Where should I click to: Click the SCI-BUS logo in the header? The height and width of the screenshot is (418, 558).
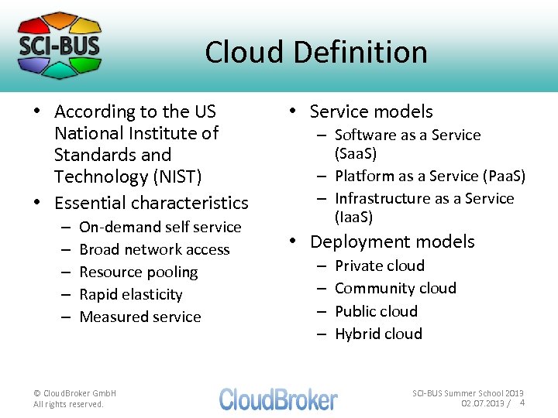pyautogui.click(x=60, y=45)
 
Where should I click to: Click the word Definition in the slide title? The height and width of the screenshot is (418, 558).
pyautogui.click(x=363, y=53)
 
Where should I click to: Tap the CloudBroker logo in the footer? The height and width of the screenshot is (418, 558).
pyautogui.click(x=278, y=399)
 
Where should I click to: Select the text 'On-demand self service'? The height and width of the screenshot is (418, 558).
pyautogui.click(x=160, y=227)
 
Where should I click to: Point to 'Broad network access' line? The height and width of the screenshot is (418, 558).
pyautogui.click(x=154, y=249)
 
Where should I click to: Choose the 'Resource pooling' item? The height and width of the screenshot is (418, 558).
pyautogui.click(x=139, y=272)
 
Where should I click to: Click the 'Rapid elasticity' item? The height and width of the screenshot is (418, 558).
pyautogui.click(x=131, y=294)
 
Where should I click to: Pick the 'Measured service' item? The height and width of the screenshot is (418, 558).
pyautogui.click(x=140, y=317)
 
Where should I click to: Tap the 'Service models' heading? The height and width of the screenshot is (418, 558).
pyautogui.click(x=371, y=111)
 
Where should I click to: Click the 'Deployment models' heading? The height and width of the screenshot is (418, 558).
pyautogui.click(x=392, y=242)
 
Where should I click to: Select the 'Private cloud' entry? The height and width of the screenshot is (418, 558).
pyautogui.click(x=380, y=266)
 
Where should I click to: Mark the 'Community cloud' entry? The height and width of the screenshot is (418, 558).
pyautogui.click(x=395, y=288)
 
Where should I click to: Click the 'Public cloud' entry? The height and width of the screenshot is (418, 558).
pyautogui.click(x=376, y=311)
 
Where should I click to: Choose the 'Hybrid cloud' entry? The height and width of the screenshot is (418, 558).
pyautogui.click(x=378, y=334)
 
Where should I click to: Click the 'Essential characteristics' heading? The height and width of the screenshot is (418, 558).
pyautogui.click(x=151, y=203)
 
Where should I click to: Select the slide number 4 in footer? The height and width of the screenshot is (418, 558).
pyautogui.click(x=522, y=403)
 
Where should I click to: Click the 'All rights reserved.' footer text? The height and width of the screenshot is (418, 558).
pyautogui.click(x=68, y=404)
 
